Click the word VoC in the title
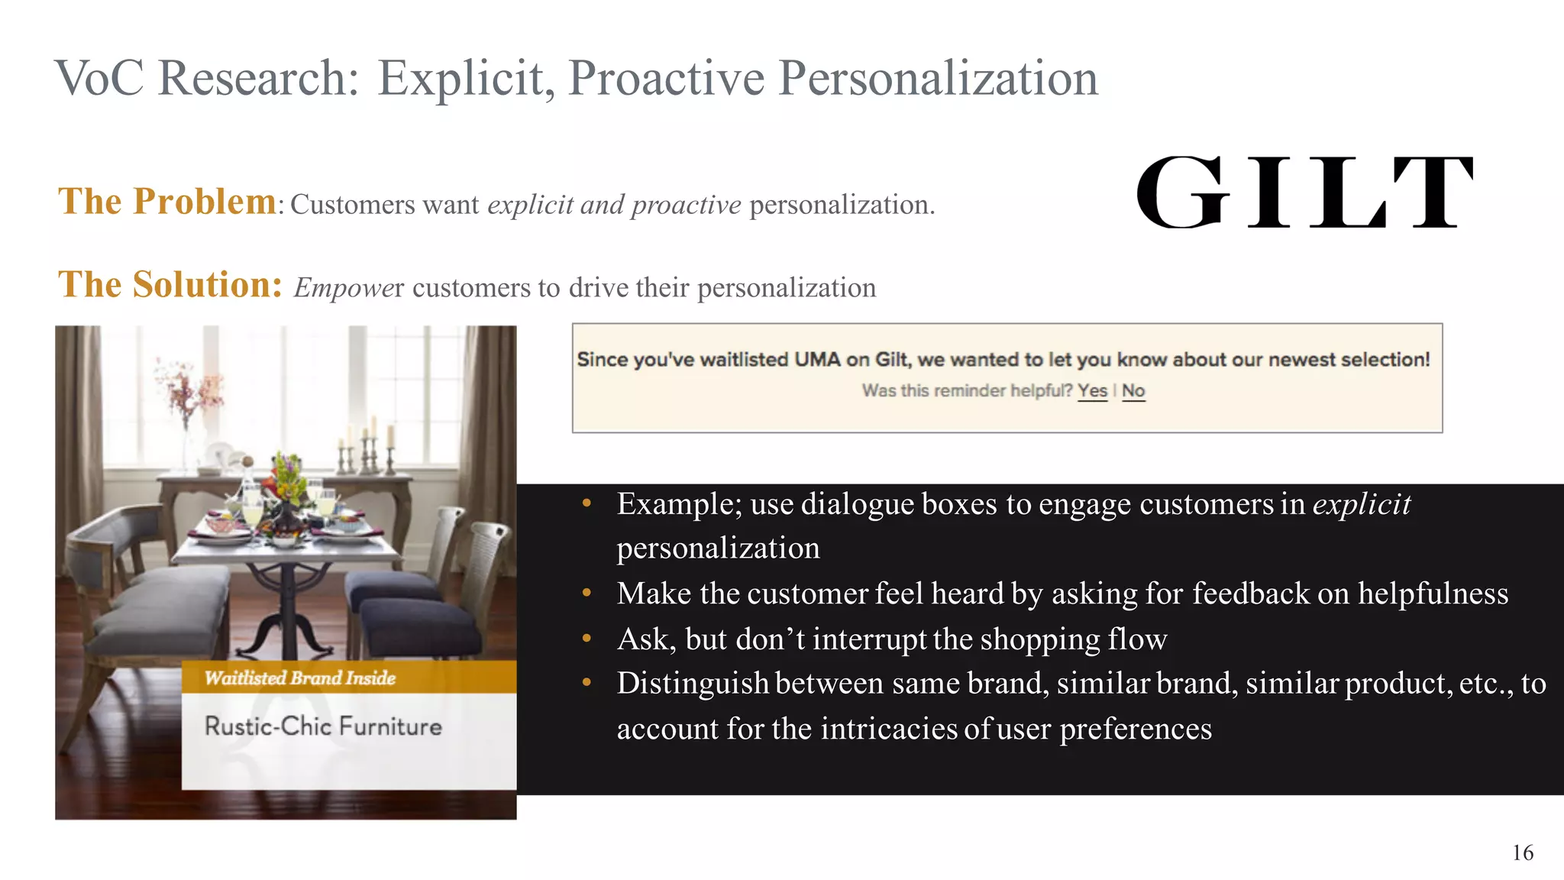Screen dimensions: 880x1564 click(99, 78)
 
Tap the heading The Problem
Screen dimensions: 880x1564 click(167, 202)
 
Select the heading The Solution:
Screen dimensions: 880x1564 click(170, 285)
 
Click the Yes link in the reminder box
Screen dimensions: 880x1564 click(1092, 390)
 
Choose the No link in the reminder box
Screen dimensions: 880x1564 click(1133, 390)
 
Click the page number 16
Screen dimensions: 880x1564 click(1522, 852)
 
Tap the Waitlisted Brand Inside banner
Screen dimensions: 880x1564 click(300, 678)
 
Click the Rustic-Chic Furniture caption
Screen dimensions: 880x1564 click(323, 726)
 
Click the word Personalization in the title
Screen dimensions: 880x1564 click(938, 78)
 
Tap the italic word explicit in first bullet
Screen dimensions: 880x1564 click(1361, 504)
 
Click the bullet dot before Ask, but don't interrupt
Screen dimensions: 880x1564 click(586, 639)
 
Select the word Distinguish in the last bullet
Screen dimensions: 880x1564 click(693, 683)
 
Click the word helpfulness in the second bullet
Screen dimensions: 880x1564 click(1433, 594)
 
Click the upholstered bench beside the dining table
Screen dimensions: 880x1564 click(164, 603)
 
